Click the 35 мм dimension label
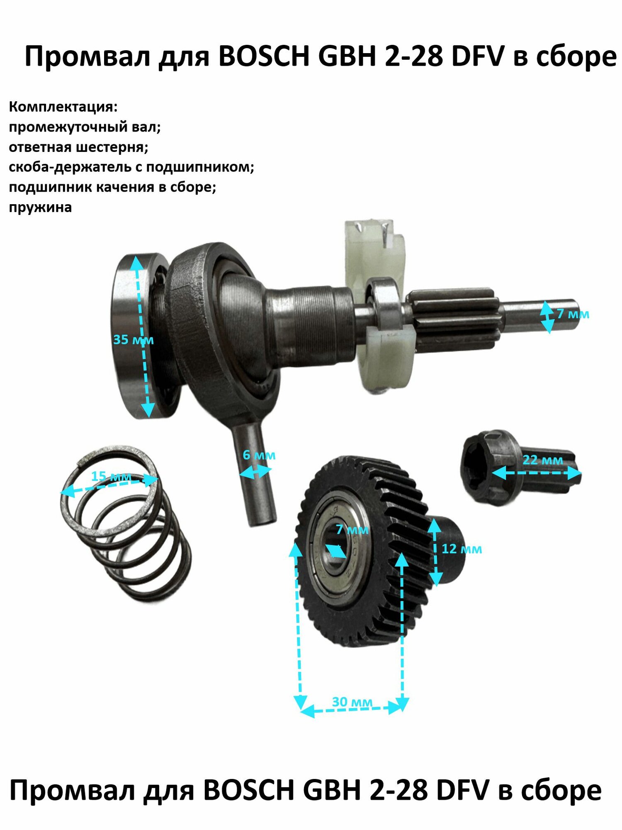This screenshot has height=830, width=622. click(x=133, y=340)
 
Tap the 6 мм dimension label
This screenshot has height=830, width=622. click(x=259, y=455)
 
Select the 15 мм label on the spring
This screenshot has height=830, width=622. click(x=111, y=476)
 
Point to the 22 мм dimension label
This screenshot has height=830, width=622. click(x=542, y=460)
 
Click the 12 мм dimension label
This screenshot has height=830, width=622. click(x=462, y=549)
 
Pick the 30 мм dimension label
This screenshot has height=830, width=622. click(x=352, y=702)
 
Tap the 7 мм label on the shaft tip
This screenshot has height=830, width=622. click(x=573, y=314)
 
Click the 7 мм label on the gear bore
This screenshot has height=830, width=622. click(x=352, y=530)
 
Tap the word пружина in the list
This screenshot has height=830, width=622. click(x=40, y=207)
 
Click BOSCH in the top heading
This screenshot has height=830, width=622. click(x=263, y=56)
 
